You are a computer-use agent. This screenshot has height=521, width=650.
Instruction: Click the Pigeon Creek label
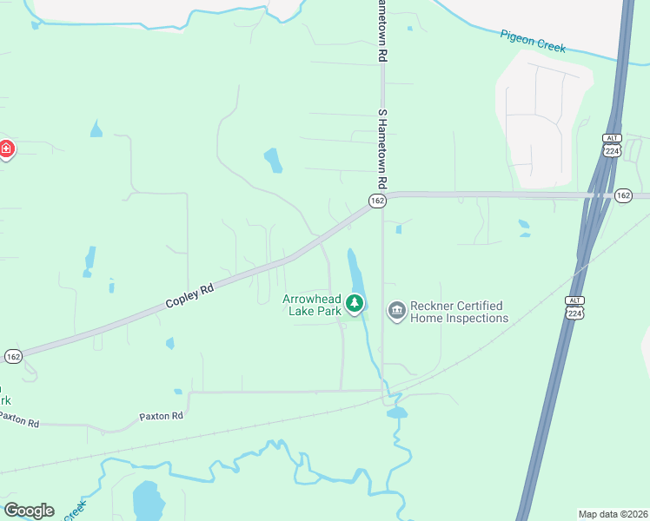533,41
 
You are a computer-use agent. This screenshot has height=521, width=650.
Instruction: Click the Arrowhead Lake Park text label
312,305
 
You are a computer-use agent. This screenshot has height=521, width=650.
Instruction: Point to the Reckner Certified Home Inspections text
458,312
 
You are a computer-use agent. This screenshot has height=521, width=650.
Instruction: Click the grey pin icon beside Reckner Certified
396,310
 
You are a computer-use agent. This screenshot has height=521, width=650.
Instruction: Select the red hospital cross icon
6,150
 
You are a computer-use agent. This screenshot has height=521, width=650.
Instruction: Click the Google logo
29,511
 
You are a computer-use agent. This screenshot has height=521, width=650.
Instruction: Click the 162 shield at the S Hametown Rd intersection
376,201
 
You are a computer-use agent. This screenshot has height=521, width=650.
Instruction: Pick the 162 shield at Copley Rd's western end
13,356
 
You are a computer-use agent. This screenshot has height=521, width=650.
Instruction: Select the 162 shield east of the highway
623,195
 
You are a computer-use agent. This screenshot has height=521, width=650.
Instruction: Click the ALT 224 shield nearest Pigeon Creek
610,146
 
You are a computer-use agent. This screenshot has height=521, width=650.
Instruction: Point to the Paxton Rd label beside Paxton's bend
161,417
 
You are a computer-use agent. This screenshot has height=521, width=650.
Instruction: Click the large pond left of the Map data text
148,501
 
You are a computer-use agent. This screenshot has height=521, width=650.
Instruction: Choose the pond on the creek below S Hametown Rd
397,413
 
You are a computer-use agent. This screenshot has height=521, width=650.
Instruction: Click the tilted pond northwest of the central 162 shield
273,160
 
